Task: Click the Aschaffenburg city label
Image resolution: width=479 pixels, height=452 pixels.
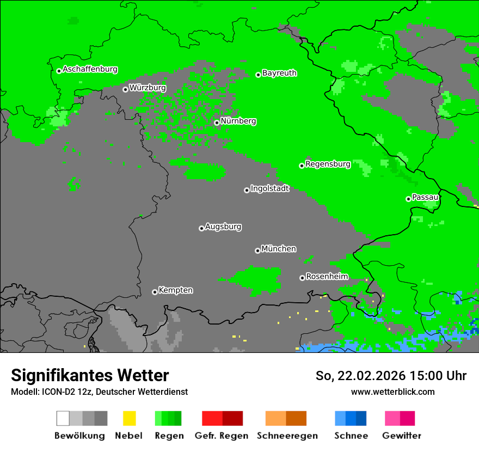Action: pyautogui.click(x=90, y=70)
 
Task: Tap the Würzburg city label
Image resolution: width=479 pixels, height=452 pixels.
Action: pyautogui.click(x=148, y=88)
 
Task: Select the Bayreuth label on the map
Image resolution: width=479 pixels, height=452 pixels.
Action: pyautogui.click(x=279, y=73)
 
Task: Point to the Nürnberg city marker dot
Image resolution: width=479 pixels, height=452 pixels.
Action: pyautogui.click(x=217, y=123)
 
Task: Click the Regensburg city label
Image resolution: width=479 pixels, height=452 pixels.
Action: pyautogui.click(x=328, y=164)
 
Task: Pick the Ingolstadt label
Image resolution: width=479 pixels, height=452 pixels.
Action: pyautogui.click(x=269, y=188)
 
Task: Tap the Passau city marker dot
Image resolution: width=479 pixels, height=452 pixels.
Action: pyautogui.click(x=408, y=199)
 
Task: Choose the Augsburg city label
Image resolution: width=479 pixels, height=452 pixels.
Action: pyautogui.click(x=223, y=227)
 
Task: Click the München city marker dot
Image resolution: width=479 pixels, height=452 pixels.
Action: pyautogui.click(x=257, y=251)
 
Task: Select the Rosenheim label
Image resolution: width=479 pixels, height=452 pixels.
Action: pyautogui.click(x=327, y=277)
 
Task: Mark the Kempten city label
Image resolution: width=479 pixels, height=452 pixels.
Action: pyautogui.click(x=175, y=290)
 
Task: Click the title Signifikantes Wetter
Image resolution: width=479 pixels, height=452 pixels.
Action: pyautogui.click(x=90, y=375)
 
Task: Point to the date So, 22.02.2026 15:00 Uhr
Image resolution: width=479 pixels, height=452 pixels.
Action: pyautogui.click(x=391, y=376)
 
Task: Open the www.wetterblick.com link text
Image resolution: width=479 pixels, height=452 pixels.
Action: pyautogui.click(x=392, y=392)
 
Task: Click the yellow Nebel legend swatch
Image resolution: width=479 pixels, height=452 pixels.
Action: pyautogui.click(x=129, y=418)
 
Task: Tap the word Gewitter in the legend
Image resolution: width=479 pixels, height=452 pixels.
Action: pyautogui.click(x=402, y=436)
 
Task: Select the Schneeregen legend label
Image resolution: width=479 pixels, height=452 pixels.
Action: pyautogui.click(x=287, y=436)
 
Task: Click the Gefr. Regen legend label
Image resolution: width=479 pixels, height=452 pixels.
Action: pyautogui.click(x=222, y=436)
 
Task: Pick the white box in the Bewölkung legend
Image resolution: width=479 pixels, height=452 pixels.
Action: pyautogui.click(x=63, y=418)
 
